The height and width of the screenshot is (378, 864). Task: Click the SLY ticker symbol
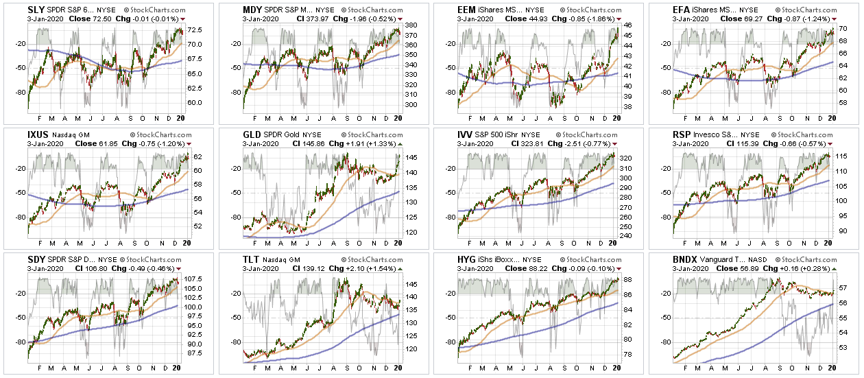tap(16, 10)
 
